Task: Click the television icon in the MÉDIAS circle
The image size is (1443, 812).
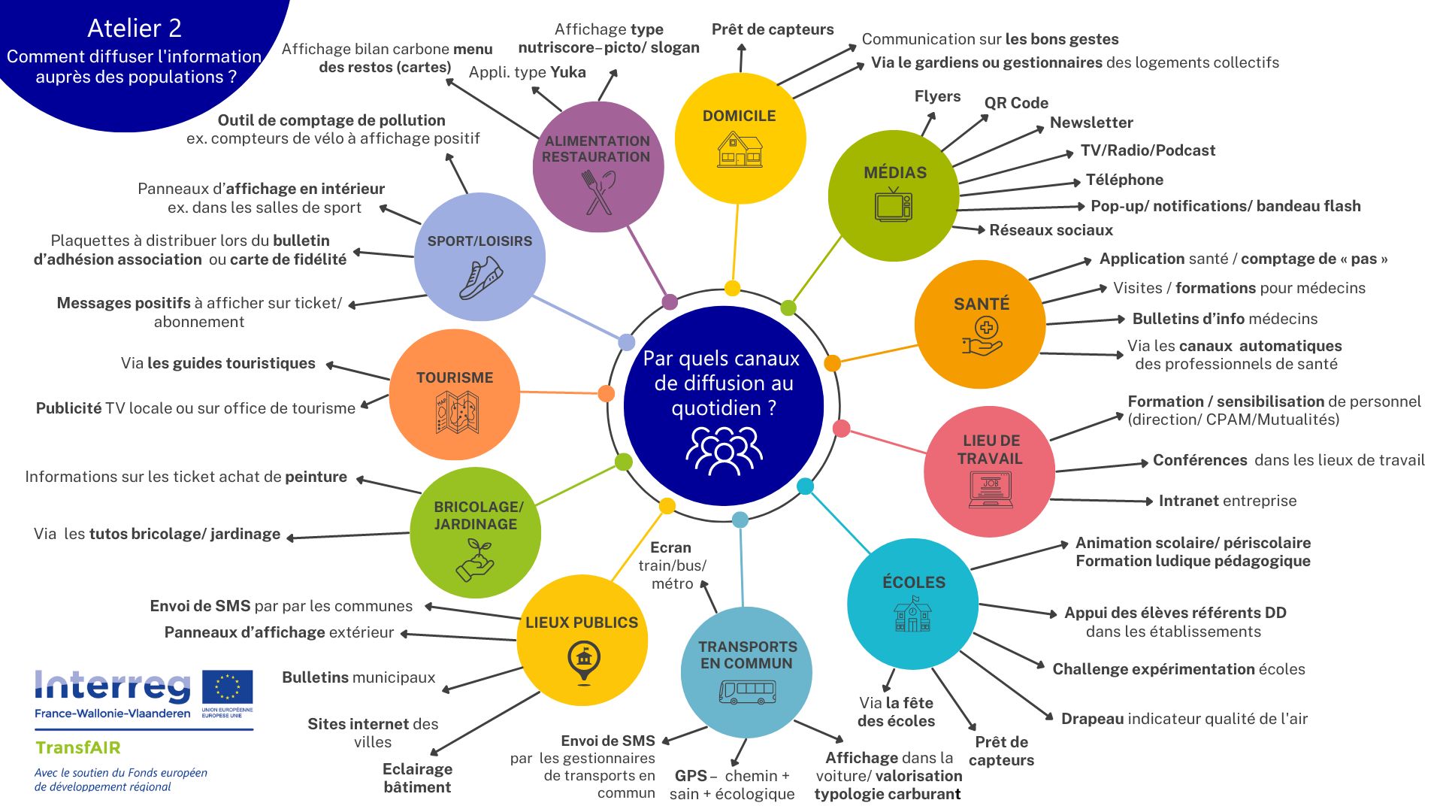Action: pyautogui.click(x=894, y=205)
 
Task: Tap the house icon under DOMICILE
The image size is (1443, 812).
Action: pyautogui.click(x=740, y=149)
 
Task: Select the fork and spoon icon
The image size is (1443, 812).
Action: pyautogui.click(x=598, y=192)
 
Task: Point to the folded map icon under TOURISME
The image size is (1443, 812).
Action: pyautogui.click(x=457, y=413)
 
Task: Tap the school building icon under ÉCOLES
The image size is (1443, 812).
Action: pyautogui.click(x=912, y=614)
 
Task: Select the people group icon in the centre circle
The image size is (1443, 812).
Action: pyautogui.click(x=724, y=450)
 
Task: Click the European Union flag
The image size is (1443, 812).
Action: pyautogui.click(x=228, y=687)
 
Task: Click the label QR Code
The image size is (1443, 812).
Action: pyautogui.click(x=1016, y=103)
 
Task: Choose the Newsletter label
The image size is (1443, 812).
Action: pyautogui.click(x=1091, y=123)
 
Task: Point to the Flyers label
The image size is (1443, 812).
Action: pyautogui.click(x=937, y=96)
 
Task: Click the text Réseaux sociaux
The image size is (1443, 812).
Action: pyautogui.click(x=1051, y=230)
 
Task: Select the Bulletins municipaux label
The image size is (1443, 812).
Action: pyautogui.click(x=358, y=677)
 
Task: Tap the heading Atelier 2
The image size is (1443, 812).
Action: pyautogui.click(x=135, y=29)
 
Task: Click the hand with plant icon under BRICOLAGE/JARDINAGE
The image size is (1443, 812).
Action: pyautogui.click(x=475, y=560)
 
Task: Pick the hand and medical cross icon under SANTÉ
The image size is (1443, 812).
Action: pyautogui.click(x=982, y=336)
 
